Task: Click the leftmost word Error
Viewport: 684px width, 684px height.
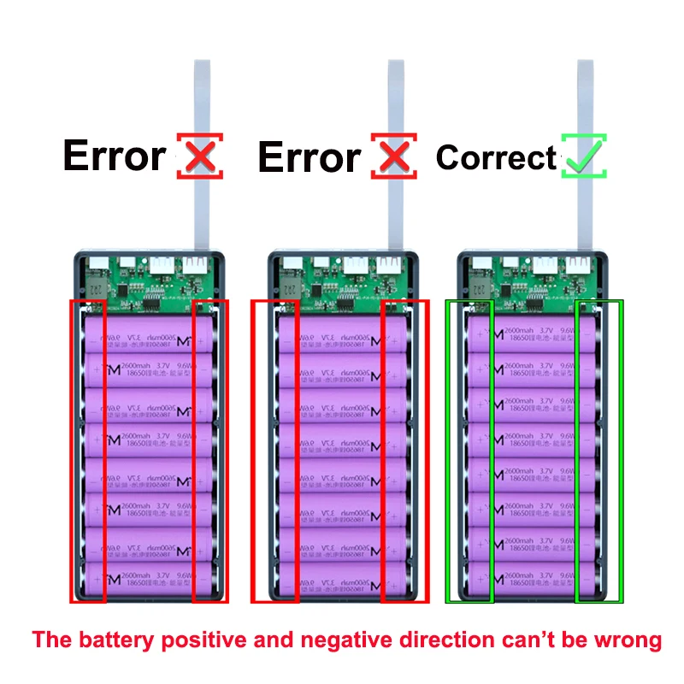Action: click(x=114, y=156)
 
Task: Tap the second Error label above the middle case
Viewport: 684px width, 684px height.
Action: click(x=309, y=157)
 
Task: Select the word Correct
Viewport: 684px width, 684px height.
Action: click(x=496, y=157)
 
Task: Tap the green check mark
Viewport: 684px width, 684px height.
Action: click(x=584, y=156)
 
